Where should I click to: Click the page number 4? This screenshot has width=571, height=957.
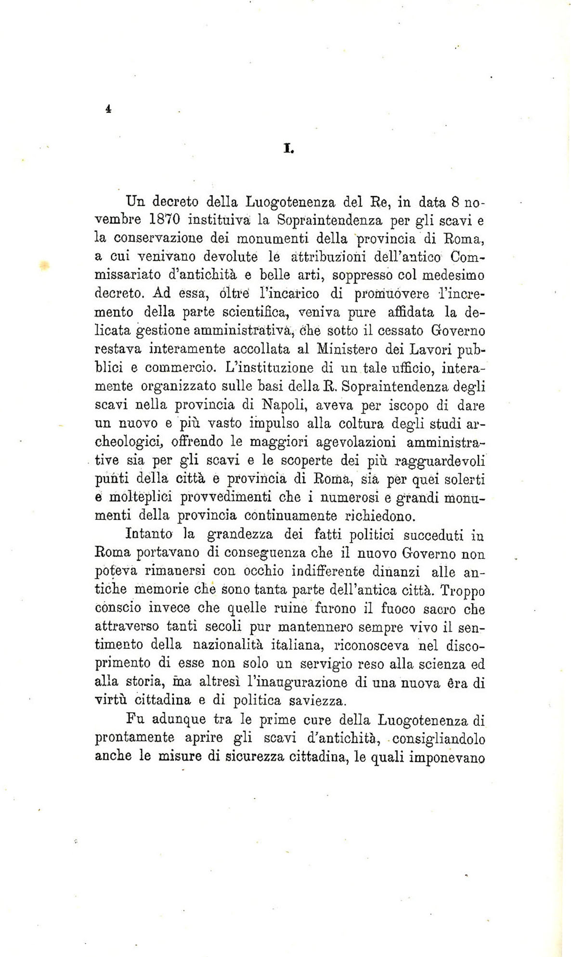click(108, 109)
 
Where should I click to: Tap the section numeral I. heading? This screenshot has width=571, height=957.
click(288, 149)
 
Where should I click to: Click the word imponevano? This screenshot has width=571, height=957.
click(446, 757)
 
